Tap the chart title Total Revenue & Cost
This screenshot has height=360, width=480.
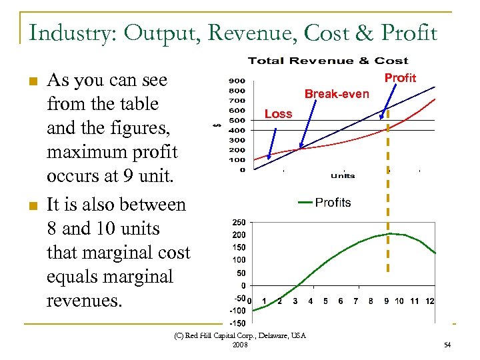click(328, 61)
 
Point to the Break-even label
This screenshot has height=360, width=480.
click(336, 94)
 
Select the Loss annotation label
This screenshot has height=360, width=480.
click(278, 114)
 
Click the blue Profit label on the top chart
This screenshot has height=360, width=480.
click(400, 78)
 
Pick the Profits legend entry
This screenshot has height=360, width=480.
click(333, 202)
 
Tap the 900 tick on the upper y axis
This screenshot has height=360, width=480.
click(237, 81)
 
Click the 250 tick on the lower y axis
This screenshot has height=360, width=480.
click(238, 222)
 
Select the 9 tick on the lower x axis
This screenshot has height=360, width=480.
click(386, 301)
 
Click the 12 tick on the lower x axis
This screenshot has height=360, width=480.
click(430, 301)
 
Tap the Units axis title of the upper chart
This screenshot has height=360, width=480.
click(342, 176)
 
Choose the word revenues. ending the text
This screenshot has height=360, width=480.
click(85, 300)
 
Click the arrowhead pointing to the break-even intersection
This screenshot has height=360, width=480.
click(301, 146)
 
